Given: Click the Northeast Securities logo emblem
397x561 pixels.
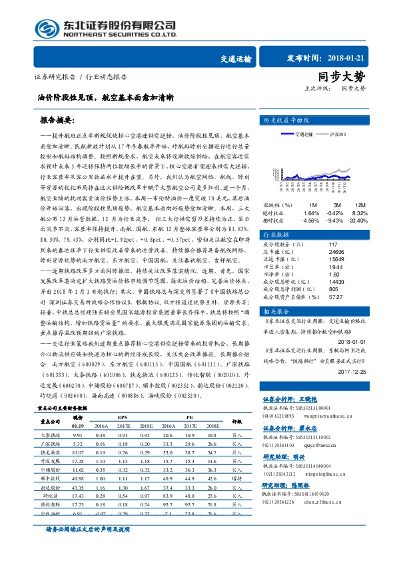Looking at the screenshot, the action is point(32,29).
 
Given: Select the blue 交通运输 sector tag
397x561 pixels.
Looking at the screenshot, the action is point(236,59).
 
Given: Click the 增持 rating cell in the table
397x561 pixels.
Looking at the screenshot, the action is point(236,478).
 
